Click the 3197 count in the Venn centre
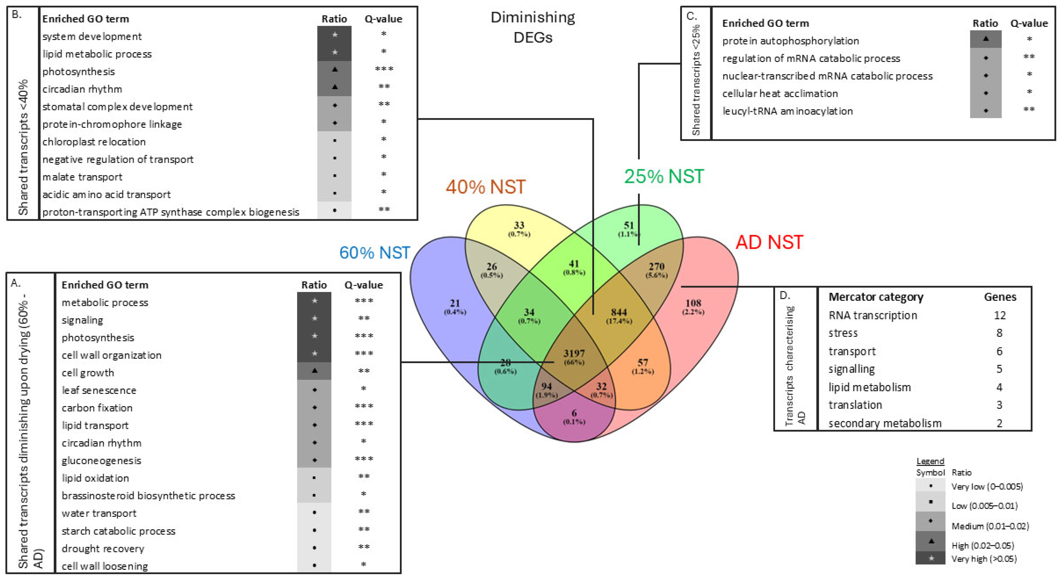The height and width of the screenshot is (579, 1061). (574, 353)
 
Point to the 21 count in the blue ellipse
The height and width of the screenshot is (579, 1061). (455, 303)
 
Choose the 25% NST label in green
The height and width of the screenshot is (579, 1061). (664, 176)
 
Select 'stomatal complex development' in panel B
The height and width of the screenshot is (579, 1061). (117, 107)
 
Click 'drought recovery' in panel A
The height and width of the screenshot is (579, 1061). (103, 549)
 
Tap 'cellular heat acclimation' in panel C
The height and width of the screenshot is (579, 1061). (780, 93)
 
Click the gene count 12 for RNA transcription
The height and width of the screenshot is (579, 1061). (1000, 315)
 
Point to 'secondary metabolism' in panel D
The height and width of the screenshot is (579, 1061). (885, 423)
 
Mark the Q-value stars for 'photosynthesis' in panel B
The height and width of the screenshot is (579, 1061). (384, 69)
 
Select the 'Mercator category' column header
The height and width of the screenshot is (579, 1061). (876, 297)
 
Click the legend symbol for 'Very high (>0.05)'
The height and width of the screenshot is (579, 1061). (931, 558)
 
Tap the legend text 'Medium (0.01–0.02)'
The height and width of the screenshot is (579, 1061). (990, 526)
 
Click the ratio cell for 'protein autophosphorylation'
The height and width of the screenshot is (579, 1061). (986, 39)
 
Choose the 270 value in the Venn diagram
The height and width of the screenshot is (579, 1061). (656, 266)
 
